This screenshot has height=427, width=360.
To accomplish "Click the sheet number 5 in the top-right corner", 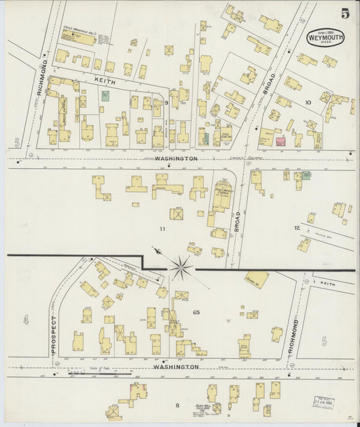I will tap(345, 13).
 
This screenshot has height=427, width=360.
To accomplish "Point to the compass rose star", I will tap(180, 268).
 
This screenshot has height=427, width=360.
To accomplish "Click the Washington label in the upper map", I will tap(176, 158).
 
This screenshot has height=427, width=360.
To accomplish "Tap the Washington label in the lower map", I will tap(176, 367).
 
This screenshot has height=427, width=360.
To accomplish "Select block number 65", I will tap(197, 312).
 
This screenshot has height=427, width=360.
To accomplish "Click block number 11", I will tap(162, 230).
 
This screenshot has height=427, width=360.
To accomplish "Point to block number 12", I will tap(296, 228).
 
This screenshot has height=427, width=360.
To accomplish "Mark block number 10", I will tap(307, 103).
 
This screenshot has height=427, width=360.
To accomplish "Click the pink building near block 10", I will tap(280, 142).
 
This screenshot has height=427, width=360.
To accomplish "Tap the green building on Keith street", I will tap(105, 96).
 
